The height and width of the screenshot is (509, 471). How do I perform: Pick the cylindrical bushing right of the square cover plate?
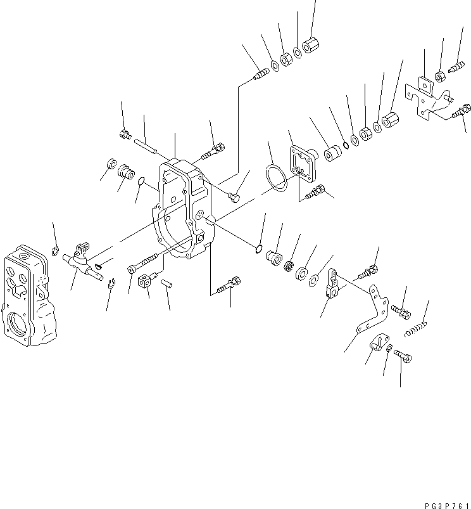(332, 155)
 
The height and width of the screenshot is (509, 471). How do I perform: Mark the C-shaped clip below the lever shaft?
(111, 283)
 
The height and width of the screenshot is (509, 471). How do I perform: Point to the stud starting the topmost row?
(260, 76)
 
